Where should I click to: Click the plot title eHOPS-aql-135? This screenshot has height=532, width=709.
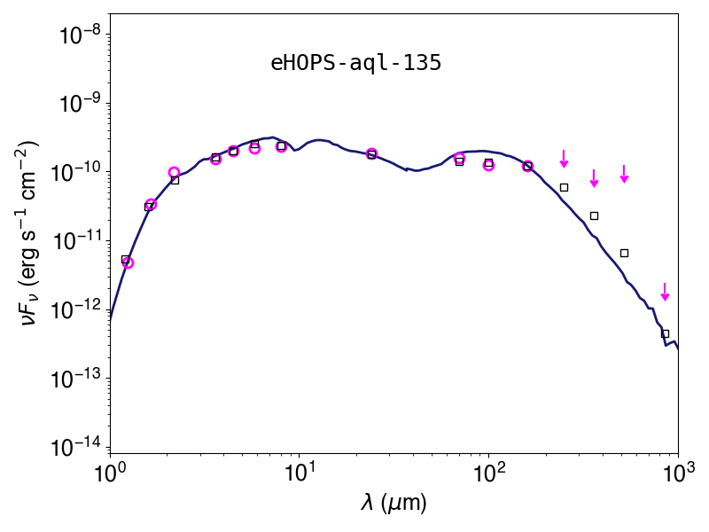356,63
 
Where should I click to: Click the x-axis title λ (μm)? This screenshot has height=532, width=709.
393,503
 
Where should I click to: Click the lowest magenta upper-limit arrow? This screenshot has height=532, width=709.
665,292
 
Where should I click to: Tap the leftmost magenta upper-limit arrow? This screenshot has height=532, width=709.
564,159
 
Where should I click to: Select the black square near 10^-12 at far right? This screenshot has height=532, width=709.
665,334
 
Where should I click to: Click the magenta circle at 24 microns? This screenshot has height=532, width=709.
371,153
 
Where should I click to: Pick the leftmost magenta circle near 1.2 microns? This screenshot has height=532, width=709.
128,262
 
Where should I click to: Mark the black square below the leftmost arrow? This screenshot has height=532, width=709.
564,187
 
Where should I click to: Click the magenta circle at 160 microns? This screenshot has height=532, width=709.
527,166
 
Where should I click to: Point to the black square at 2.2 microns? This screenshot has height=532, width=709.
175,180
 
